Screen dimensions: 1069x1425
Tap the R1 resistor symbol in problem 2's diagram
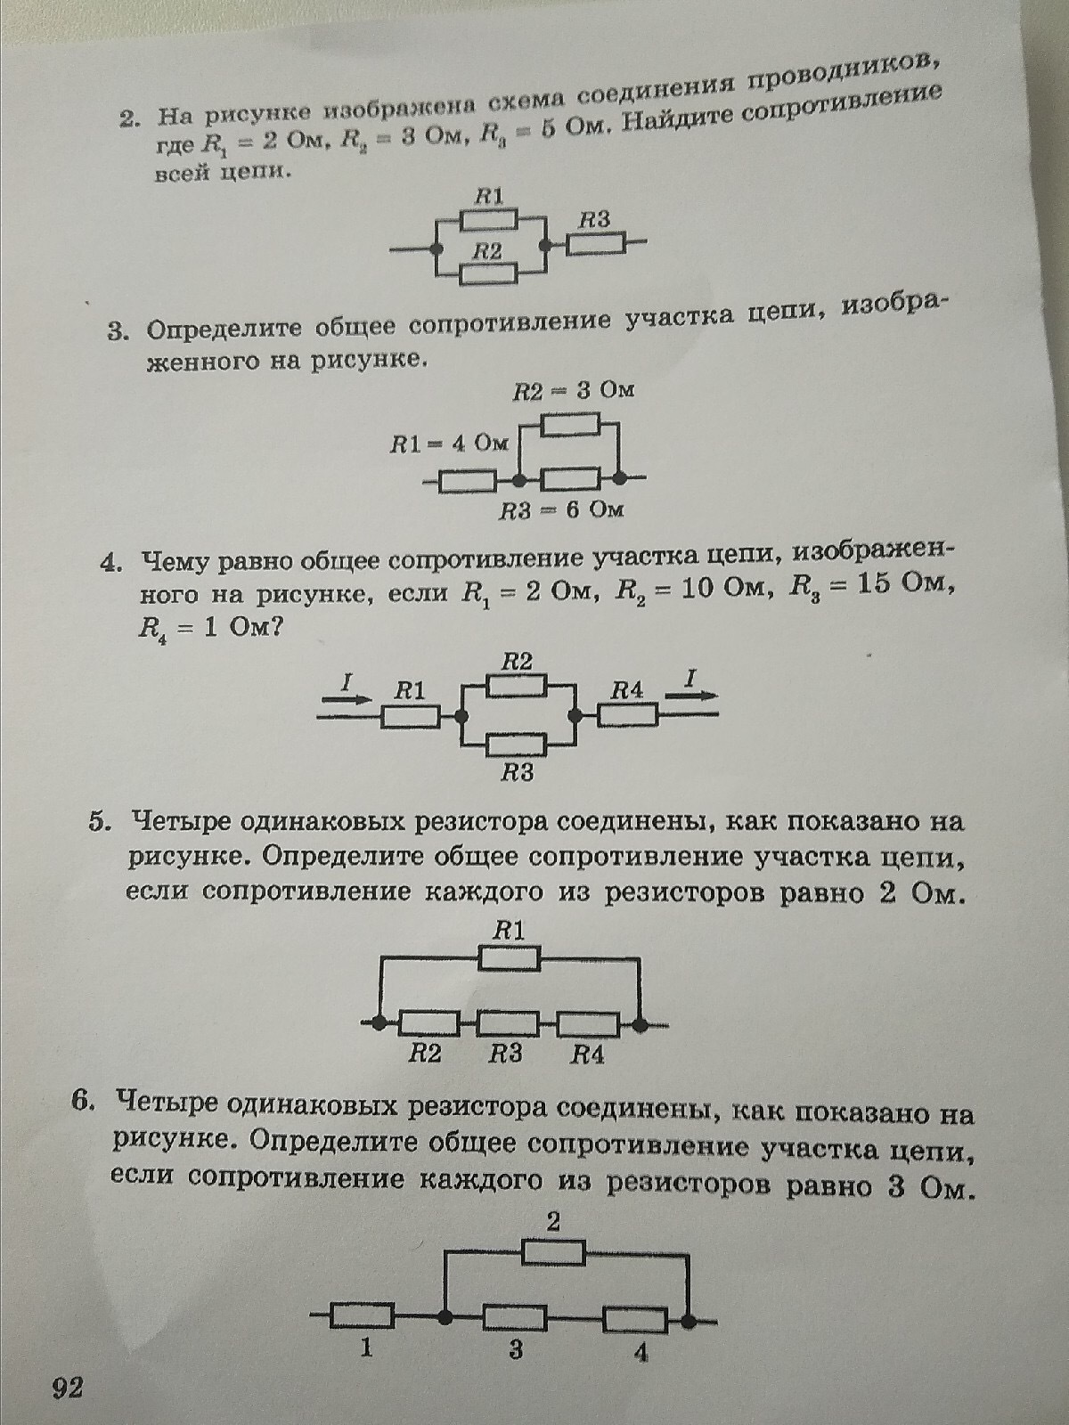coord(489,220)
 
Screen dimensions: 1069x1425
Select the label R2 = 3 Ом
coord(574,391)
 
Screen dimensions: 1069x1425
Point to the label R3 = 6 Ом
coord(562,510)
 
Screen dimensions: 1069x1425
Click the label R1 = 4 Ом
coord(449,444)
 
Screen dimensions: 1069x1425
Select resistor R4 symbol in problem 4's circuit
coord(627,715)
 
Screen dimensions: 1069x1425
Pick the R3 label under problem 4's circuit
coord(518,772)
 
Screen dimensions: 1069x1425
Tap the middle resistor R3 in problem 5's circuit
coord(508,1024)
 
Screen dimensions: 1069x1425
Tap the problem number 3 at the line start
coord(116,332)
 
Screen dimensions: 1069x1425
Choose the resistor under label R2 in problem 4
coord(518,685)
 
